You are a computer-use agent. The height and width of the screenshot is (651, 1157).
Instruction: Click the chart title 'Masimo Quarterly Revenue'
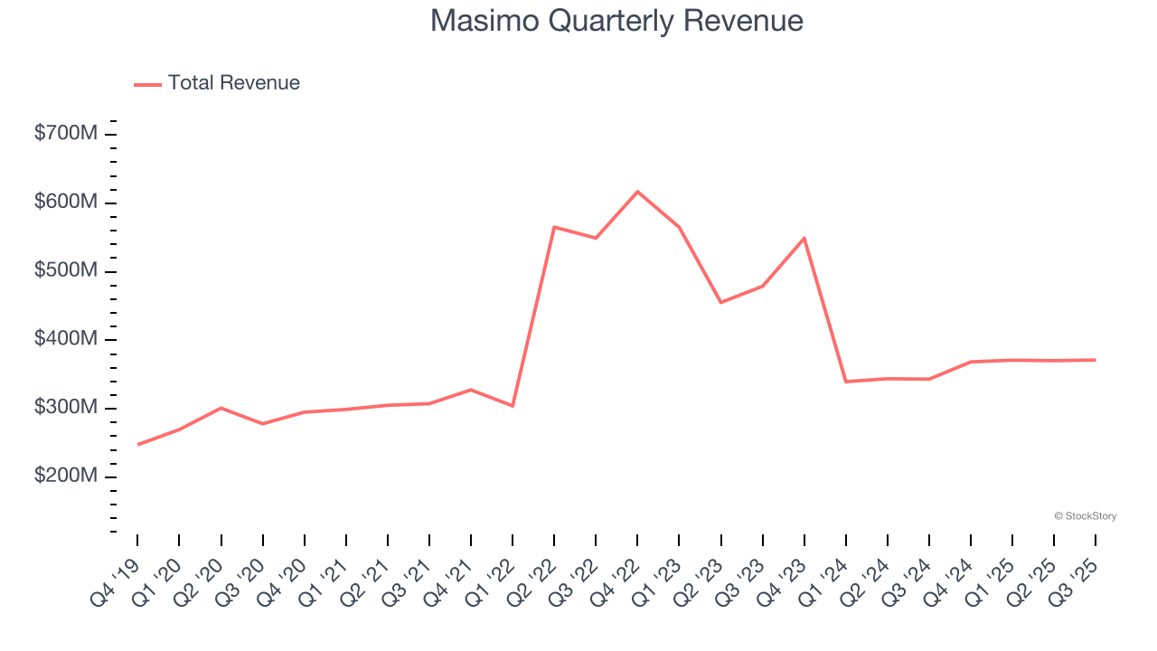click(x=616, y=21)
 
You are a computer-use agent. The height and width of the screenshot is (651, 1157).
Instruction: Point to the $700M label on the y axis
click(x=65, y=134)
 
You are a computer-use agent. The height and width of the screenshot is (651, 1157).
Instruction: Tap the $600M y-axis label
click(x=65, y=203)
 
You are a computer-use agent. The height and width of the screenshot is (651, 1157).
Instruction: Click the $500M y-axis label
click(x=65, y=271)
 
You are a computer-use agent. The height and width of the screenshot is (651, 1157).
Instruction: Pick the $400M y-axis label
click(x=65, y=339)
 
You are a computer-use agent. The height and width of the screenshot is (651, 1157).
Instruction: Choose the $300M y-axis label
click(x=65, y=408)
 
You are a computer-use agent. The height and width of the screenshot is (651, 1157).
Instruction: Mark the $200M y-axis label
click(x=65, y=476)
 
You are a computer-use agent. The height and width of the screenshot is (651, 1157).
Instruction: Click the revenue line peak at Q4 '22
click(x=637, y=192)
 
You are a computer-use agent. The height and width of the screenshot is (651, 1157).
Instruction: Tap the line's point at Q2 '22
click(x=554, y=227)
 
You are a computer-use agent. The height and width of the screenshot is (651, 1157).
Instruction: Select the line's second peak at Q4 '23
click(x=804, y=238)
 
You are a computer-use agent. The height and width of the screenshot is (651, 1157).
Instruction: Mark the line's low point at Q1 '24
click(x=846, y=382)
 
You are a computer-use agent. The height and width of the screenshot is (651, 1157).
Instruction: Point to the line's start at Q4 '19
click(x=138, y=444)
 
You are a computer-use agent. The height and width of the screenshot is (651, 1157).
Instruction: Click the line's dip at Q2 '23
click(x=720, y=302)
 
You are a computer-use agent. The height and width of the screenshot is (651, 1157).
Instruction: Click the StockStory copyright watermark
click(x=1085, y=516)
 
